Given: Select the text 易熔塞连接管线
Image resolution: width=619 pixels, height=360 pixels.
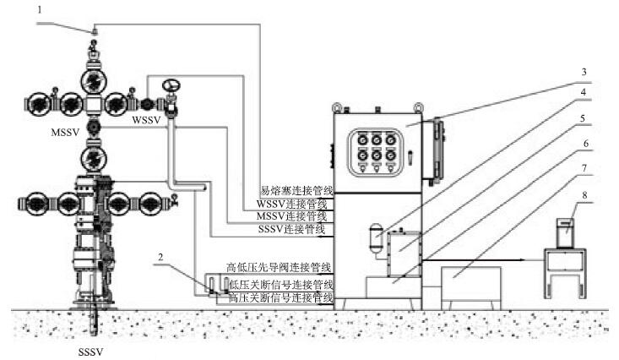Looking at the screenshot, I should click(x=298, y=193).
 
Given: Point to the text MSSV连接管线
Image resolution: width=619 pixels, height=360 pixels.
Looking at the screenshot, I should click(x=292, y=217).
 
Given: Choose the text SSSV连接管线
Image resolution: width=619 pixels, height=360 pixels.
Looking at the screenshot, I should click(x=294, y=229).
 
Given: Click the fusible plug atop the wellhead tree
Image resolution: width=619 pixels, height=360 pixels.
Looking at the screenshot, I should click(x=95, y=32).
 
